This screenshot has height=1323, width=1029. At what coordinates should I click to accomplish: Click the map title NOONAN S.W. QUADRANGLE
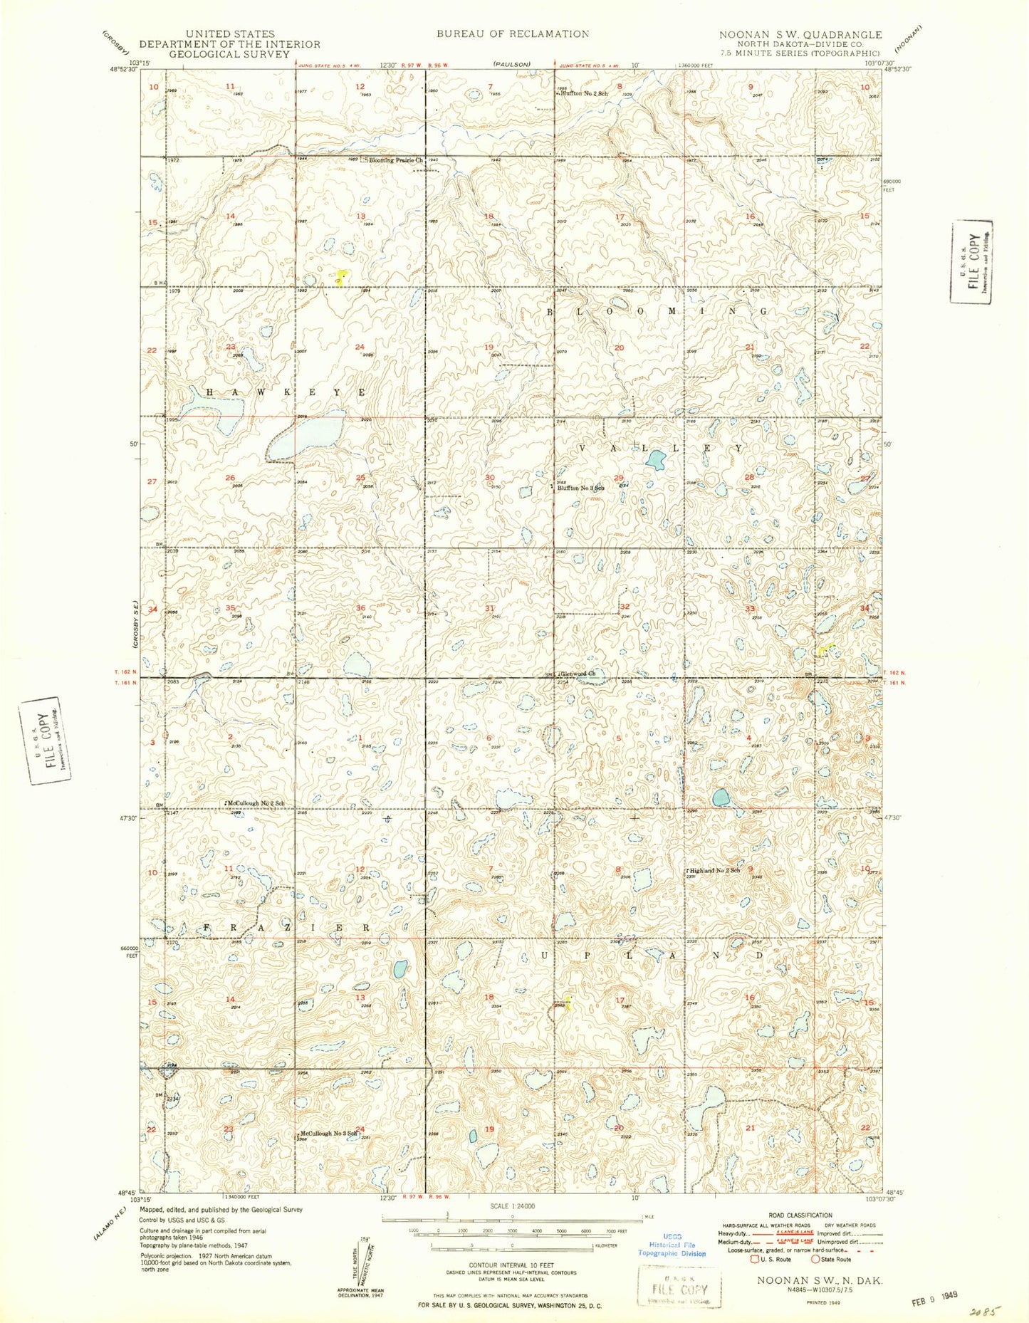[x=800, y=34]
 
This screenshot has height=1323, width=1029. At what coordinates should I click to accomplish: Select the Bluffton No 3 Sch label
[x=581, y=488]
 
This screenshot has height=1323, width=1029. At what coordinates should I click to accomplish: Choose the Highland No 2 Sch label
[x=713, y=870]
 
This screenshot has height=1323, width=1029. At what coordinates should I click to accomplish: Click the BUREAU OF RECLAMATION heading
[x=513, y=33]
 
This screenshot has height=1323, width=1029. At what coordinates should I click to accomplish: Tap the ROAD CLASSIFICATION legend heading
[x=800, y=1215]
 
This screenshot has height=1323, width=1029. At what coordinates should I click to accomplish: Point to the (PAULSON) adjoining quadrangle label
[x=512, y=64]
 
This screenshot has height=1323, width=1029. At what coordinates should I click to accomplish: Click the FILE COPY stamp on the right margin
[x=972, y=261]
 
